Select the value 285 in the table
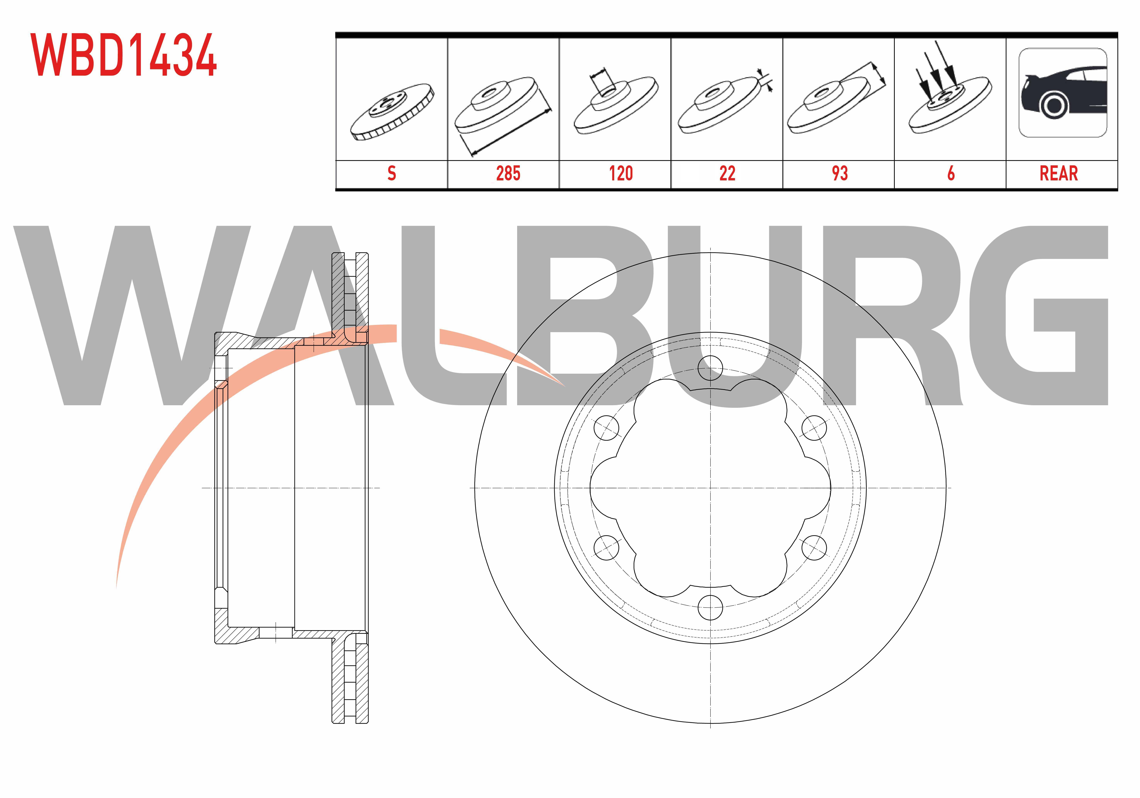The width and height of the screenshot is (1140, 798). pos(508,173)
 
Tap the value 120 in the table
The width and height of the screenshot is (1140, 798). pos(621,173)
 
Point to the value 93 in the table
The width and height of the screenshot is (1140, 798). pos(840,173)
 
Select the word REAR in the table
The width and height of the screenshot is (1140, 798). pos(1059,173)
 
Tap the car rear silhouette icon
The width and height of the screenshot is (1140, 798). pos(1063,93)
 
